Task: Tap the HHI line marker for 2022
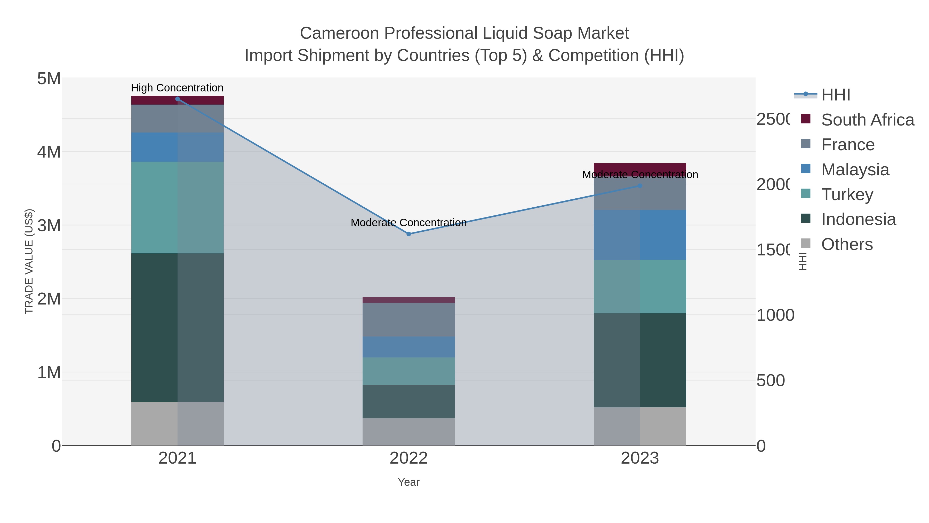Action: [409, 234]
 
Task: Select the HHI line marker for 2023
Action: [640, 186]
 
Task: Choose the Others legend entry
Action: [847, 244]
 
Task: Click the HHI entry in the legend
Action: [836, 95]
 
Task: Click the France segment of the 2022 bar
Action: [409, 320]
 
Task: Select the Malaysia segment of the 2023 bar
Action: [640, 235]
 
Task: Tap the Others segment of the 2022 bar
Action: [409, 432]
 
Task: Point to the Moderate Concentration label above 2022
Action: [409, 223]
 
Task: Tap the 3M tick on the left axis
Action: [49, 225]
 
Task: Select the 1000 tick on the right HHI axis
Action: [775, 315]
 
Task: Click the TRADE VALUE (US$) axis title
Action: [29, 261]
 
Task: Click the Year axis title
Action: [409, 482]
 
